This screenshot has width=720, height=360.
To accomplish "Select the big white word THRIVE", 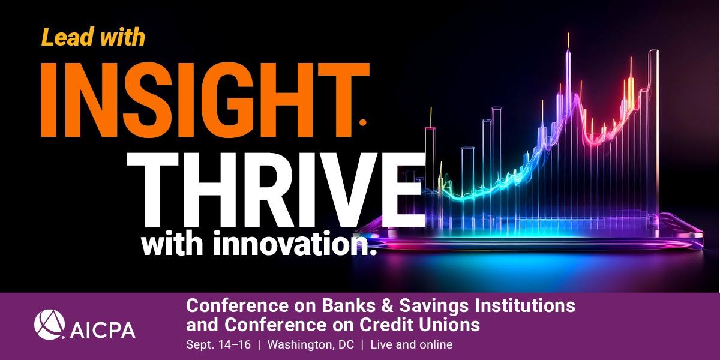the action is (x=276, y=190).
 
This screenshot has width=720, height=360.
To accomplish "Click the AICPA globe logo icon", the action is (x=49, y=325).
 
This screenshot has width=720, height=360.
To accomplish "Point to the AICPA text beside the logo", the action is (x=103, y=330).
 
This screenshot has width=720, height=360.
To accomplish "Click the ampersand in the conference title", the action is (x=387, y=305).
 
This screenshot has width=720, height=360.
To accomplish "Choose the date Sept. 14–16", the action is (x=218, y=344).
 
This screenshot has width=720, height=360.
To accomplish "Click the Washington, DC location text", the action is (x=311, y=344).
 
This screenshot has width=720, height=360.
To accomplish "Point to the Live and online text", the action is (x=412, y=344).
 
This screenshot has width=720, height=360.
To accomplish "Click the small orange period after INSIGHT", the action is (x=362, y=122).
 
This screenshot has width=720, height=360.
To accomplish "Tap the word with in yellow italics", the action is (x=123, y=37).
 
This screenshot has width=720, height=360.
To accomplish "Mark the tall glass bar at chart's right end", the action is (x=653, y=135).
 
